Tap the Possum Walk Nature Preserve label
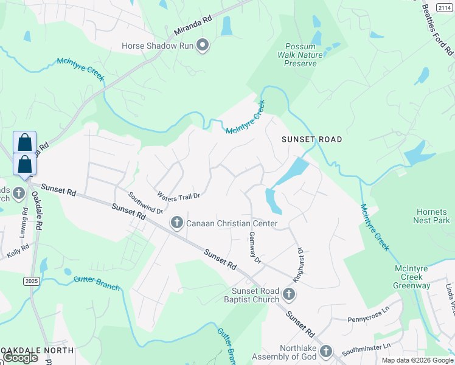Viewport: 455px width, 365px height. pyautogui.click(x=301, y=55)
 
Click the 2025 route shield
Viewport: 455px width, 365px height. pyautogui.click(x=31, y=281)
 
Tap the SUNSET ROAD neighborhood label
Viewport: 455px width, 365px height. pyautogui.click(x=311, y=139)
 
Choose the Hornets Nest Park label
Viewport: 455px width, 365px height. pyautogui.click(x=432, y=216)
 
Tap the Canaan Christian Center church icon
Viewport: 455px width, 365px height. pyautogui.click(x=177, y=223)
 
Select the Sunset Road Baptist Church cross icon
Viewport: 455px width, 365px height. pyautogui.click(x=289, y=295)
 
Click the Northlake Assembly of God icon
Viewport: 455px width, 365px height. pyautogui.click(x=326, y=352)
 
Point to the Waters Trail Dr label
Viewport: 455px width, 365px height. pyautogui.click(x=178, y=196)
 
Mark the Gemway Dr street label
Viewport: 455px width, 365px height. pyautogui.click(x=254, y=248)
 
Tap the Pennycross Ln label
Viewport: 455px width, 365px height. pyautogui.click(x=367, y=318)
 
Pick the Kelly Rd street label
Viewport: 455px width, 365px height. pyautogui.click(x=18, y=250)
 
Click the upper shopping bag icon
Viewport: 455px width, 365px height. pyautogui.click(x=25, y=142)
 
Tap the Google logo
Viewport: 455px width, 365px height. pyautogui.click(x=21, y=358)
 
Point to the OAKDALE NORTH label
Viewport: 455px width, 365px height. pyautogui.click(x=36, y=350)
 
